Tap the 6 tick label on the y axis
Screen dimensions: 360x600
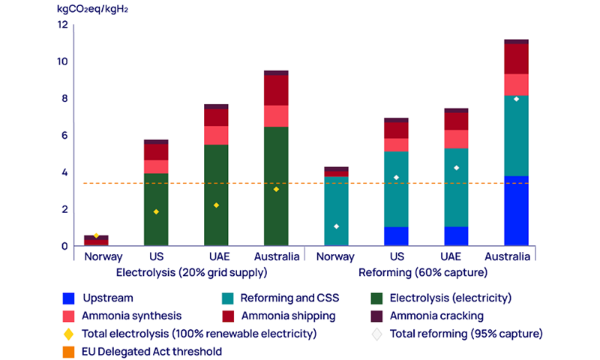coord(64,135)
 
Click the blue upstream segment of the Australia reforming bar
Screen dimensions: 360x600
coord(516,211)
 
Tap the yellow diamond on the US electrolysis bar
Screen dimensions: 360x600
coord(156,211)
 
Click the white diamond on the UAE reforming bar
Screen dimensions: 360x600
coord(456,168)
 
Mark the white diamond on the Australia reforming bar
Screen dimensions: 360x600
coord(516,99)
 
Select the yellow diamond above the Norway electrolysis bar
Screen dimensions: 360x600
coord(96,235)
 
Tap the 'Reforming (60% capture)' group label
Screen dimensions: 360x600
coord(424,271)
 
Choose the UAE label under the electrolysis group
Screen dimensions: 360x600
coord(216,256)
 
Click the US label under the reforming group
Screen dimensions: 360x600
coord(396,256)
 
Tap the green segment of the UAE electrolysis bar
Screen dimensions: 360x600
coord(216,195)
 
